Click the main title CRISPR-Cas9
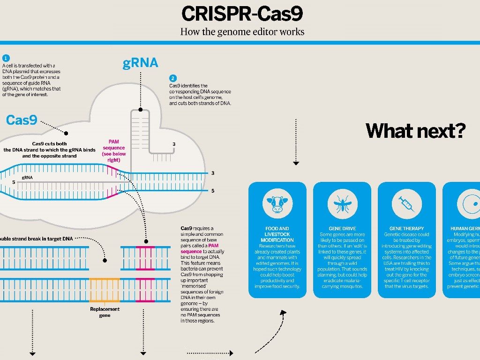pyautogui.click(x=242, y=14)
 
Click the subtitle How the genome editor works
pyautogui.click(x=242, y=32)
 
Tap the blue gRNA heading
pyautogui.click(x=140, y=63)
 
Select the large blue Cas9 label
pyautogui.click(x=22, y=120)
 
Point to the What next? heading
pyautogui.click(x=415, y=130)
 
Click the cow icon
pyautogui.click(x=277, y=203)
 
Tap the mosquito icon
pyautogui.click(x=342, y=203)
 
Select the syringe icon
pyautogui.click(x=406, y=203)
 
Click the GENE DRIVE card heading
pyautogui.click(x=342, y=229)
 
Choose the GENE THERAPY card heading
pyautogui.click(x=406, y=229)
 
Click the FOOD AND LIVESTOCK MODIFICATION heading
pyautogui.click(x=277, y=234)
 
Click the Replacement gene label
pyautogui.click(x=105, y=312)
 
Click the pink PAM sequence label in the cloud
pyautogui.click(x=113, y=150)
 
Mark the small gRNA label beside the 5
pyautogui.click(x=27, y=178)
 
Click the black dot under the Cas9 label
pyautogui.click(x=66, y=133)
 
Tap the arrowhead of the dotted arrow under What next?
pyautogui.click(x=296, y=163)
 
